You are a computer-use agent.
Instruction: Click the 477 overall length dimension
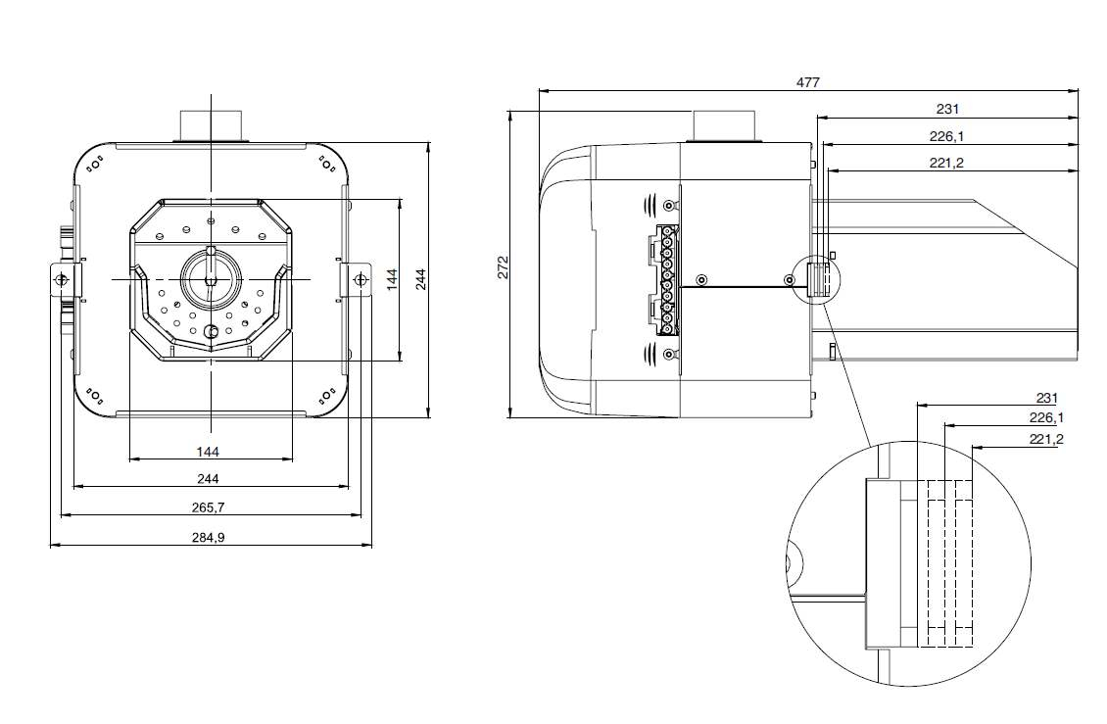807,82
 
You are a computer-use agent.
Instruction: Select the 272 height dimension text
502,267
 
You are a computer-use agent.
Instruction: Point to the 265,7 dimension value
209,507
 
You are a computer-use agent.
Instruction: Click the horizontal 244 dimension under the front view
208,478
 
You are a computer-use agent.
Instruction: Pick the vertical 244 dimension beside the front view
419,279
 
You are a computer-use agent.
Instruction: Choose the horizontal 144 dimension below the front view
208,451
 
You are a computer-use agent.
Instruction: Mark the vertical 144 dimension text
391,279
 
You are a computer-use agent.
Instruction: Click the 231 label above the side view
946,109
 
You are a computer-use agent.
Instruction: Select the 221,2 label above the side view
946,163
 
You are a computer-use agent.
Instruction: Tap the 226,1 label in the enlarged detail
1045,418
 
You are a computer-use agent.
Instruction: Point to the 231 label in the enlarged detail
1047,398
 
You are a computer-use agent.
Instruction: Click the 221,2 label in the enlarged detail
1045,439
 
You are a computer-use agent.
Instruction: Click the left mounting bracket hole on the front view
61,280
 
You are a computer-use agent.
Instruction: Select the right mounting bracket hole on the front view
361,280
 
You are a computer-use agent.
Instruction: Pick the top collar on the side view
725,126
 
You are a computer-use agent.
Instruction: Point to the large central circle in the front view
211,277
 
